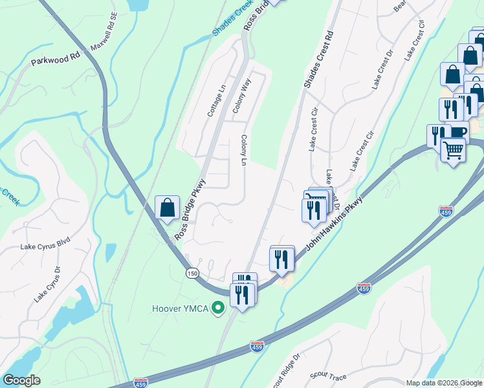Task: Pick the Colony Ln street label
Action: [x=244, y=150]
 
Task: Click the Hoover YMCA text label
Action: [x=181, y=308]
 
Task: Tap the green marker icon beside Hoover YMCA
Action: [x=219, y=308]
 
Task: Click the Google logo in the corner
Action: [x=21, y=380]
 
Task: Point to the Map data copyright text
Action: [x=443, y=383]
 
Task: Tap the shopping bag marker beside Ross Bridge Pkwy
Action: [x=167, y=208]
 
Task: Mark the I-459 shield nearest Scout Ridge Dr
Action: [x=258, y=347]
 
